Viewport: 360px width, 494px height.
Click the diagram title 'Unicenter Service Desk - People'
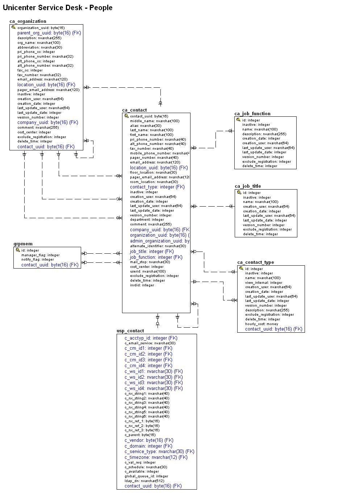[58, 8]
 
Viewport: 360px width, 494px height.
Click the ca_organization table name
[28, 21]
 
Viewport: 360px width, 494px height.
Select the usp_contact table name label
[130, 331]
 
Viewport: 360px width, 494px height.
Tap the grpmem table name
[23, 244]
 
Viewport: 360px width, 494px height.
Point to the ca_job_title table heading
[248, 186]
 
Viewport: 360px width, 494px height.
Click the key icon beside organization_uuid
[14, 28]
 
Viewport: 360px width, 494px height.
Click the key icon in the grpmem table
[18, 250]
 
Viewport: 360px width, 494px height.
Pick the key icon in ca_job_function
[238, 120]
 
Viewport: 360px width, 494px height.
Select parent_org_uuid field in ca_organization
[49, 33]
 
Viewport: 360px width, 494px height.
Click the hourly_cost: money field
[261, 324]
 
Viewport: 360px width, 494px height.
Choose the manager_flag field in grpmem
[40, 255]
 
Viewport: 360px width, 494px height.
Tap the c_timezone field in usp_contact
[156, 457]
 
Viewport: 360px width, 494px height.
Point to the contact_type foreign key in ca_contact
[157, 187]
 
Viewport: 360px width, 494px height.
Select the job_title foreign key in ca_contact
[152, 252]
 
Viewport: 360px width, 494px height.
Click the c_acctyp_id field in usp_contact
[151, 338]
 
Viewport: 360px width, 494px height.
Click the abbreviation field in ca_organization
[39, 47]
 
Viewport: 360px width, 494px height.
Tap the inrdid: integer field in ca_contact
[142, 285]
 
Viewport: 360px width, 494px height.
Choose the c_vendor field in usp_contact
[149, 440]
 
